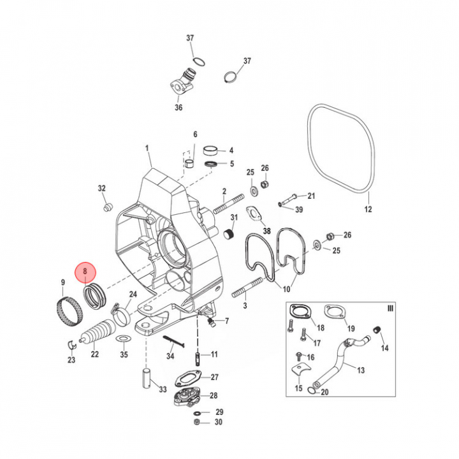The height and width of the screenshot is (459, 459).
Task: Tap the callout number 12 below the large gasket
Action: pyautogui.click(x=367, y=209)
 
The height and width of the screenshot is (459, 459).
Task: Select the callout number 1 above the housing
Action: pyautogui.click(x=147, y=149)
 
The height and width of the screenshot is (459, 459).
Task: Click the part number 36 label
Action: pyautogui.click(x=178, y=108)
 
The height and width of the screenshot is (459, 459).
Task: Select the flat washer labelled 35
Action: pyautogui.click(x=124, y=338)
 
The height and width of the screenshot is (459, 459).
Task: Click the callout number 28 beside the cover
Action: pyautogui.click(x=214, y=396)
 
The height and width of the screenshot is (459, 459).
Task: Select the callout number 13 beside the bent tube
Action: pyautogui.click(x=361, y=370)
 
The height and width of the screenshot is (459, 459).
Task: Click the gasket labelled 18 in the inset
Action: pyautogui.click(x=298, y=313)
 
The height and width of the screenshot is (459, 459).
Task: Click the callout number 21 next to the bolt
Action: pyautogui.click(x=311, y=196)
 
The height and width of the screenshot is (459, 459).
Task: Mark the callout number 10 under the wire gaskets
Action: pyautogui.click(x=286, y=289)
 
